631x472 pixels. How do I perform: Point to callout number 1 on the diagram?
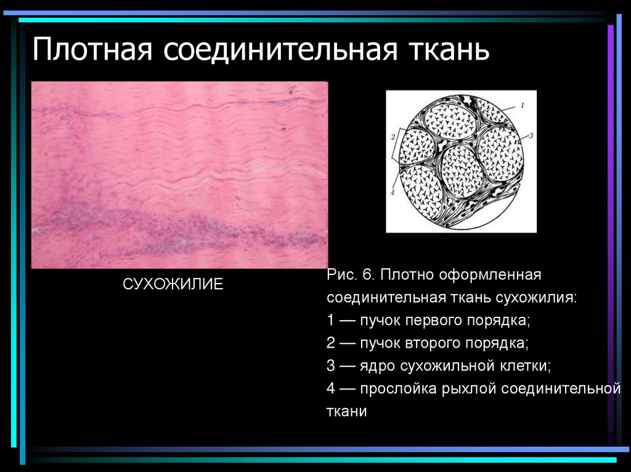pyautogui.click(x=522, y=106)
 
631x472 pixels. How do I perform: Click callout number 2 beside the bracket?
pyautogui.click(x=393, y=138)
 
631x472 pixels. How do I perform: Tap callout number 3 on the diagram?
pyautogui.click(x=529, y=135)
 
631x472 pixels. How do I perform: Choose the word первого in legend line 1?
pyautogui.click(x=443, y=321)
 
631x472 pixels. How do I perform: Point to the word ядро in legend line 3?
pyautogui.click(x=378, y=366)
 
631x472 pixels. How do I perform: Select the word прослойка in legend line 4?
pyautogui.click(x=399, y=389)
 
